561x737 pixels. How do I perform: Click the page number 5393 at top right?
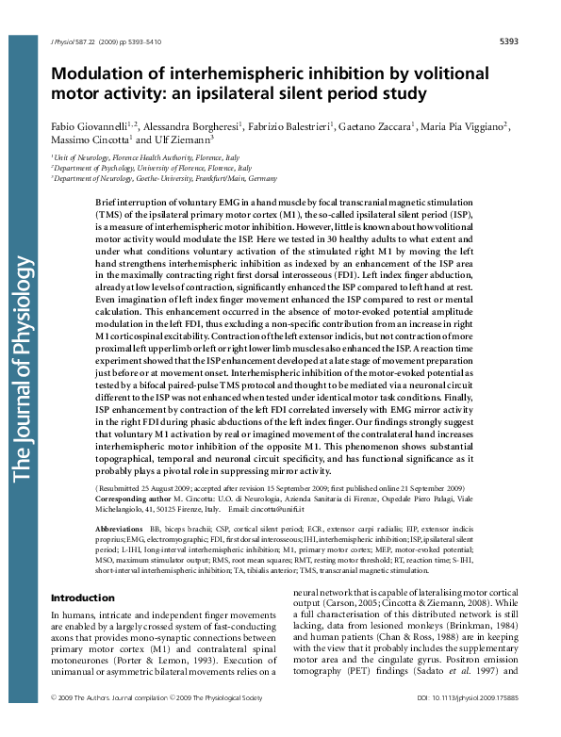510,42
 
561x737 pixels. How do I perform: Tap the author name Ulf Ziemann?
188,139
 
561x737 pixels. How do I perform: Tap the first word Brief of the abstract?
109,203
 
